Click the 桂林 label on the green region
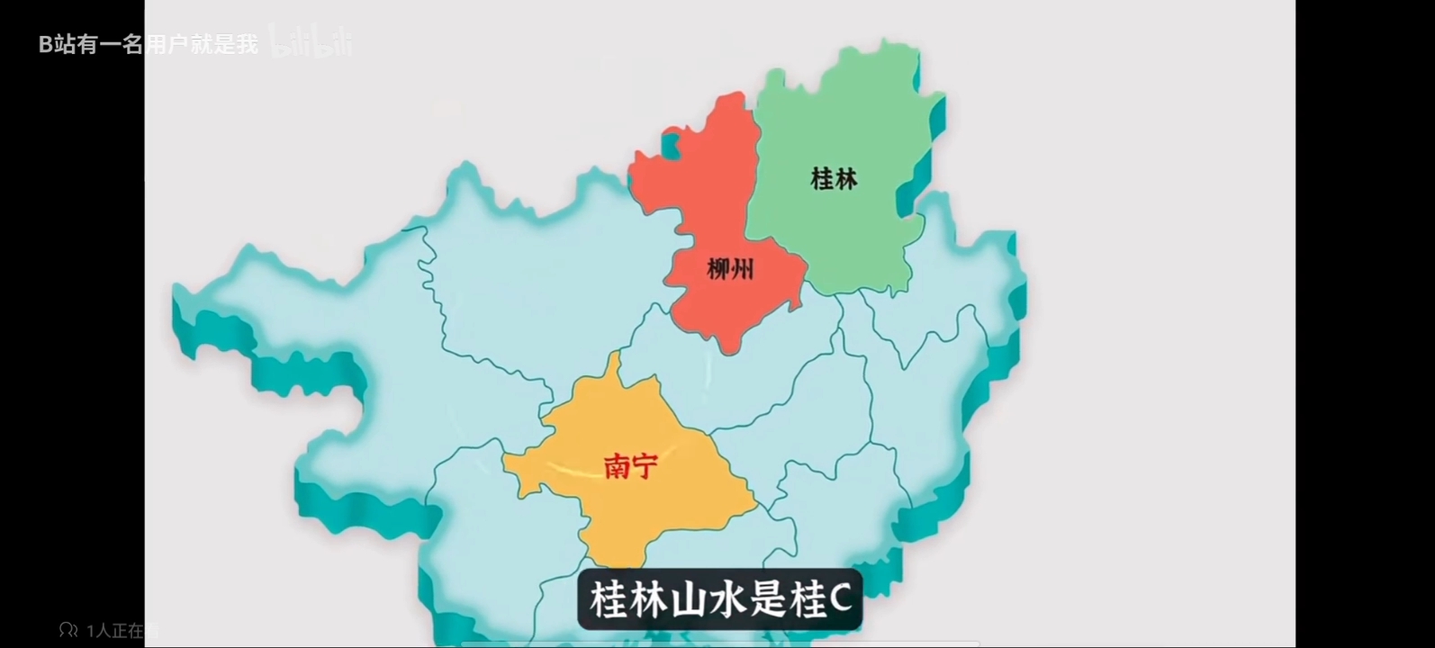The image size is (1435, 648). tap(834, 178)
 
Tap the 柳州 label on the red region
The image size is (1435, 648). tap(730, 268)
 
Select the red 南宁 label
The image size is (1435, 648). tap(630, 465)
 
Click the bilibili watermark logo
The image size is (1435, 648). tap(311, 42)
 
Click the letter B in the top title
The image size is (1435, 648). tap(45, 44)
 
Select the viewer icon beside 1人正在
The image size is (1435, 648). tap(68, 630)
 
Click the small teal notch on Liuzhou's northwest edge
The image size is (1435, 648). tap(671, 144)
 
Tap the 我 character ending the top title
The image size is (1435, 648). tap(248, 44)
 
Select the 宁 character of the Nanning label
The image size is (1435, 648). tap(645, 465)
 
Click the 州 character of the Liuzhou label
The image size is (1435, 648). tap(743, 268)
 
